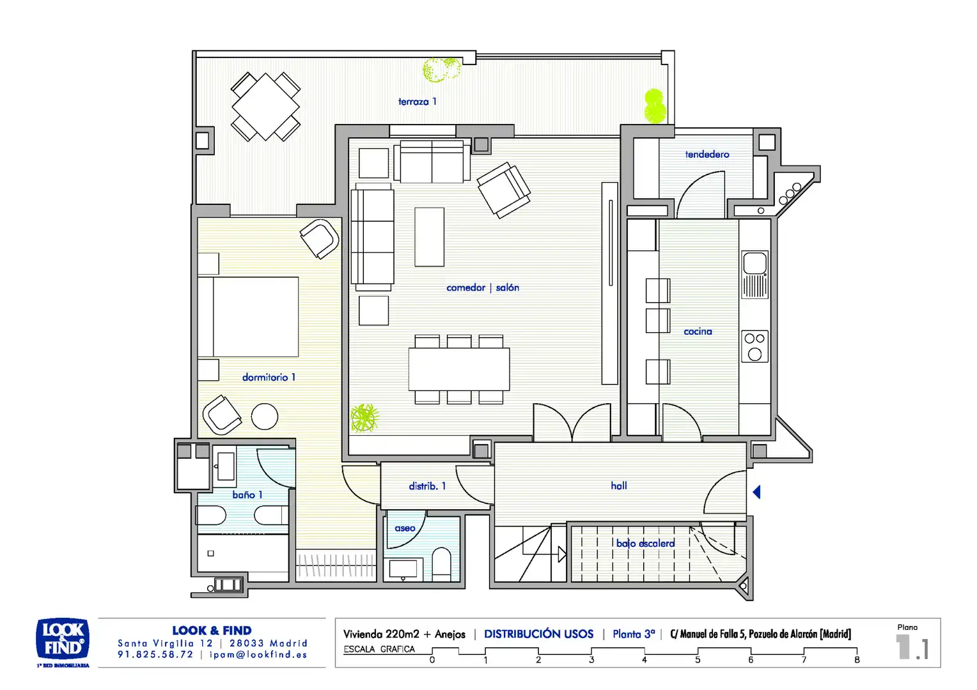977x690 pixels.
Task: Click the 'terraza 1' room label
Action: pyautogui.click(x=417, y=102)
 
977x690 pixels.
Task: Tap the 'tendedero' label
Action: pyautogui.click(x=707, y=155)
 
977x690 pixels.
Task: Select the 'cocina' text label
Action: pyautogui.click(x=698, y=332)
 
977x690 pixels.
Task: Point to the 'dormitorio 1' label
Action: pyautogui.click(x=269, y=378)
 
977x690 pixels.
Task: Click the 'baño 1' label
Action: pyautogui.click(x=247, y=494)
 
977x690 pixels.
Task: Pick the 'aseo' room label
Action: pyautogui.click(x=405, y=528)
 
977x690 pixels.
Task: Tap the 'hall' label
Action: pyautogui.click(x=618, y=486)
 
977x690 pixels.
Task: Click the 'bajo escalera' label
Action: pyautogui.click(x=646, y=543)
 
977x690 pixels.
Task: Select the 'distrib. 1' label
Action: pyautogui.click(x=427, y=486)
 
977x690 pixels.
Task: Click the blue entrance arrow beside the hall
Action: pyautogui.click(x=757, y=492)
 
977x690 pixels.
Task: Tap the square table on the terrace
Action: pyautogui.click(x=265, y=107)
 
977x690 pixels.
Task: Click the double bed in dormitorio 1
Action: pyautogui.click(x=248, y=317)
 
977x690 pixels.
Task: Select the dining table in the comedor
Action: pyautogui.click(x=459, y=369)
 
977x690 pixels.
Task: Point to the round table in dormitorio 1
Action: pyautogui.click(x=265, y=417)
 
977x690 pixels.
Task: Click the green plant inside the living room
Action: pyautogui.click(x=364, y=418)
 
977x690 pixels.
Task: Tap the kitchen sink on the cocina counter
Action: pyautogui.click(x=755, y=274)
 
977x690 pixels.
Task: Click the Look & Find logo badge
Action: pyautogui.click(x=63, y=640)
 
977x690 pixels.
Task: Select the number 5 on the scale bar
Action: pyautogui.click(x=698, y=659)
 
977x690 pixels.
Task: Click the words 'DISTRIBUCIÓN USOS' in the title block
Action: pyautogui.click(x=538, y=634)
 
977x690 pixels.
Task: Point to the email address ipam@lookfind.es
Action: pyautogui.click(x=258, y=655)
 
